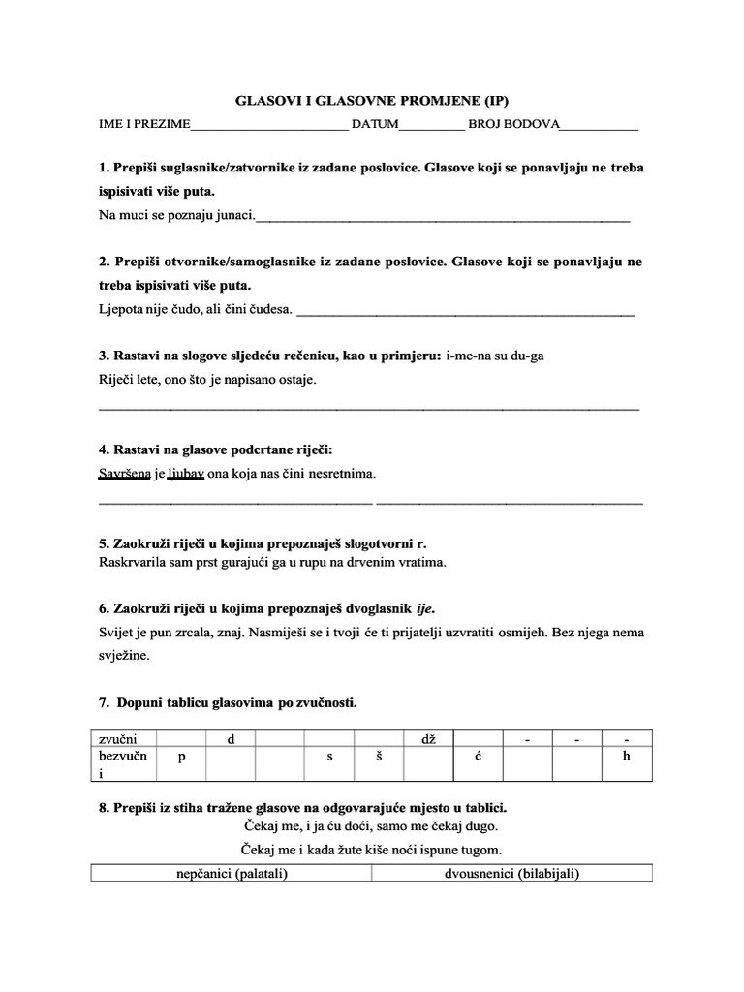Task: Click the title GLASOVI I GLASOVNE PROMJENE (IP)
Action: point(372,100)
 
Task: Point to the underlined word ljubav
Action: point(186,474)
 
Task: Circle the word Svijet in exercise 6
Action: point(115,633)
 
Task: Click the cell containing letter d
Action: point(231,740)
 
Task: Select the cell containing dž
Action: point(429,740)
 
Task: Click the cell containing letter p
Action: point(181,757)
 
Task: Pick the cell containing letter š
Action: point(380,757)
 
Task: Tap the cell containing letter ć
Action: point(479,757)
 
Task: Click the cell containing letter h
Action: point(627,757)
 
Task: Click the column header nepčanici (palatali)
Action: point(232,873)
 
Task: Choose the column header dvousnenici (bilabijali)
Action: point(511,873)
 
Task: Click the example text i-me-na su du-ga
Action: point(495,356)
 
